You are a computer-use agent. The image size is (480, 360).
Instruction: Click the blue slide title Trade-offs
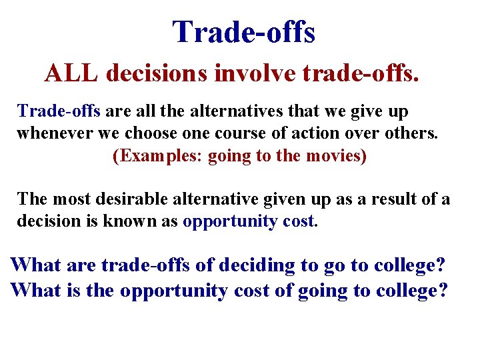click(x=243, y=32)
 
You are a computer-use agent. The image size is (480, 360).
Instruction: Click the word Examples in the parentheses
click(x=159, y=157)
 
